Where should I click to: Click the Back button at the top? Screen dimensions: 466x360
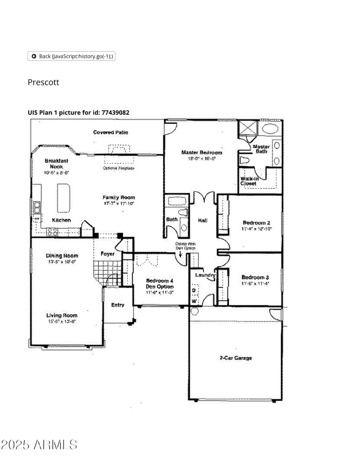[x=72, y=56]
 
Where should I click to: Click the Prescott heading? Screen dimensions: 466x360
[x=43, y=82]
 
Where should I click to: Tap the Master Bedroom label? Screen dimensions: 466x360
[x=202, y=153]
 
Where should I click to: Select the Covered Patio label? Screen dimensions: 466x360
[x=111, y=132]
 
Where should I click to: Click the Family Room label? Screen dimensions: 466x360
[x=118, y=198]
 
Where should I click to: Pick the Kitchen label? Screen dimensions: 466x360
[x=61, y=220]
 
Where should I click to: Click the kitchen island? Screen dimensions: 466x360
[x=63, y=198]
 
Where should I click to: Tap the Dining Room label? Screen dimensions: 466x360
[x=62, y=256]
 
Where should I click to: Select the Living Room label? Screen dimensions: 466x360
[x=62, y=316]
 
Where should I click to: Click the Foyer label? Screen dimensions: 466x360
[x=108, y=254]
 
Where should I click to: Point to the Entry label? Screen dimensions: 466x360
[x=117, y=305]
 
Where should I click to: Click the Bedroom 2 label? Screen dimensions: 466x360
[x=256, y=222]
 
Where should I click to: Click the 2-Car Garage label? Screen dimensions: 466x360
[x=235, y=358]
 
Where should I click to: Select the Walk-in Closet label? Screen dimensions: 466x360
[x=249, y=181]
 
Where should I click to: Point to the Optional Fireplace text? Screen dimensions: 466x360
[x=118, y=168]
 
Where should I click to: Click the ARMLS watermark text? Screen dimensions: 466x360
[x=39, y=445]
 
